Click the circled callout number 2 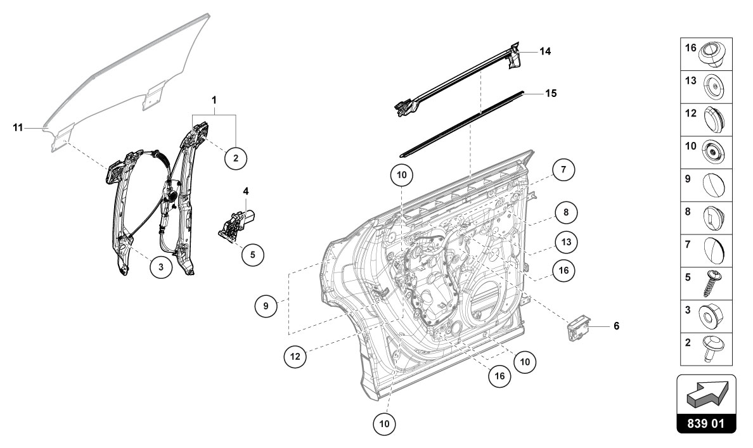click(x=236, y=157)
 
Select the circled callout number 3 click(x=161, y=267)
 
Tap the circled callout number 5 click(x=252, y=255)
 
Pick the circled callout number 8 click(x=566, y=214)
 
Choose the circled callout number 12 click(x=295, y=357)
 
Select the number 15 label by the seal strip click(x=551, y=93)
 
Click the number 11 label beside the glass click(x=18, y=128)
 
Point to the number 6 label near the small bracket click(x=615, y=326)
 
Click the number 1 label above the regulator click(x=214, y=100)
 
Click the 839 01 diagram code click(x=706, y=423)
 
